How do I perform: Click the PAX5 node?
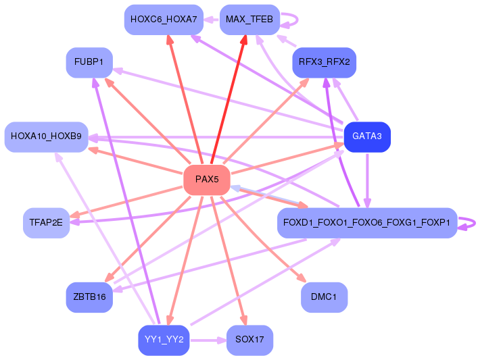coord(207,180)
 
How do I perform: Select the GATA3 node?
coord(367,136)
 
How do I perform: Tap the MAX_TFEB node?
coord(249,20)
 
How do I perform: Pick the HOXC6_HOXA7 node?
coord(164,20)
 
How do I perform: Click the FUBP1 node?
coord(89,62)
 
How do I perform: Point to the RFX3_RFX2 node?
coord(325,62)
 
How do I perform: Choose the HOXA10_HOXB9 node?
coord(47,136)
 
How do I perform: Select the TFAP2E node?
coord(47,223)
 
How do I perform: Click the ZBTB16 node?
coord(89,297)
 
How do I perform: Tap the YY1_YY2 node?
coord(164,340)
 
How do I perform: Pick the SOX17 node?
coord(249,340)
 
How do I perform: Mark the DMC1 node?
coord(325,297)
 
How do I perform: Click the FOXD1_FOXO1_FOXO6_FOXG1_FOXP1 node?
coord(367,223)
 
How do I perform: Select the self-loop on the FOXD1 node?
coord(475,223)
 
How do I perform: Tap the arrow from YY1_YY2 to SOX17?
coord(208,340)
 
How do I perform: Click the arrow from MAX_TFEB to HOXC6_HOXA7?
coord(212,20)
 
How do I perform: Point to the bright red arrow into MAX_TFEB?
coord(228,99)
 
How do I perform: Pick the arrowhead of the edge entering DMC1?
coord(301,278)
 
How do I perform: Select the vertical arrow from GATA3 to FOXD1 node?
coord(367,180)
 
